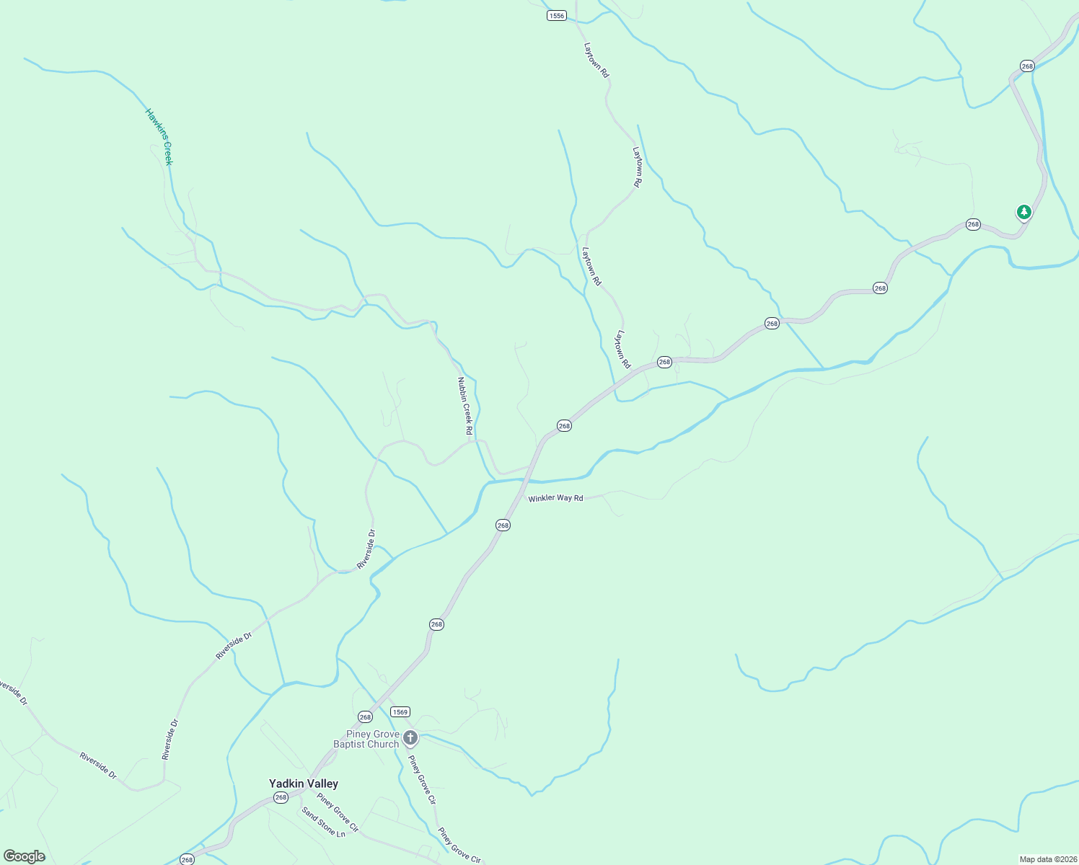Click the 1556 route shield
click(x=556, y=15)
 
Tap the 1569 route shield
click(x=400, y=711)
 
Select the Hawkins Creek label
click(x=159, y=137)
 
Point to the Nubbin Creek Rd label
click(x=465, y=406)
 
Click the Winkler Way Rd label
click(x=555, y=498)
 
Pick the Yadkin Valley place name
click(x=304, y=784)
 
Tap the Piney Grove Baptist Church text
click(x=366, y=739)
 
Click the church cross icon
click(x=410, y=737)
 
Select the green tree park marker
click(x=1023, y=212)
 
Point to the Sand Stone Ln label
click(x=324, y=822)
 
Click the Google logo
click(x=25, y=856)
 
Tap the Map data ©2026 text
click(x=1047, y=859)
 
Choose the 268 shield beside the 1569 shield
click(x=365, y=717)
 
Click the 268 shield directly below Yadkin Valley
click(x=281, y=797)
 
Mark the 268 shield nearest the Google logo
click(x=187, y=859)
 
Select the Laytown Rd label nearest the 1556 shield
click(x=596, y=60)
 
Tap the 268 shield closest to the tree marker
click(x=973, y=224)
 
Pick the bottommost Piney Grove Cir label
click(x=459, y=845)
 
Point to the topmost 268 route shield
click(x=1027, y=66)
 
